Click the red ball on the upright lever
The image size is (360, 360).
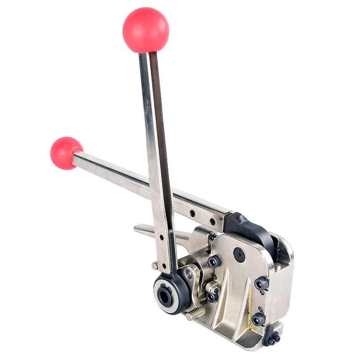tap(146, 30)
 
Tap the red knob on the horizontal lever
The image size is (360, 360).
tap(66, 153)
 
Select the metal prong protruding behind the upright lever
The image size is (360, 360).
tap(144, 229)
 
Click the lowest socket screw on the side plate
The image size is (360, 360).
tap(258, 319)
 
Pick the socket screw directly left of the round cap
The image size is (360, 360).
tap(213, 261)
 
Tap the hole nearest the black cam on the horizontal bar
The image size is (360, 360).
tap(213, 221)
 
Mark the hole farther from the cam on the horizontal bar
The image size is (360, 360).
tap(193, 213)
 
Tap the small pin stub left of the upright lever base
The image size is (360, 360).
tap(154, 266)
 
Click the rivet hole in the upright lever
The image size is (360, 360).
tap(161, 236)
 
